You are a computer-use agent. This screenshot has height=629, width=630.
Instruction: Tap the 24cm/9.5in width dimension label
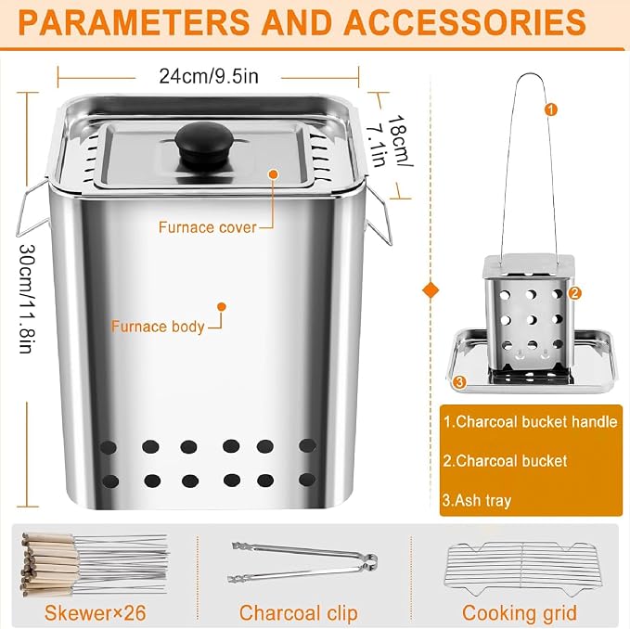(x=209, y=76)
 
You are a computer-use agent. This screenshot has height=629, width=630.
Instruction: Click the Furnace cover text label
(x=207, y=227)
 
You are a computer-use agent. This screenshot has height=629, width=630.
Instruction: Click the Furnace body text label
(x=158, y=327)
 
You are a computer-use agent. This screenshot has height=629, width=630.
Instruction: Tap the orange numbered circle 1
(x=551, y=109)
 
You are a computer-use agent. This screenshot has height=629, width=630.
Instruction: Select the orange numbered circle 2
(x=574, y=293)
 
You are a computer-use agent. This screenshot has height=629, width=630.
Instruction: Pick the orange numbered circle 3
(x=459, y=381)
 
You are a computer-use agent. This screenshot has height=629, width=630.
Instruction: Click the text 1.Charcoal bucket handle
(x=530, y=422)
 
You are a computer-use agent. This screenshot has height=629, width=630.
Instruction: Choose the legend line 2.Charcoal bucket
(x=505, y=461)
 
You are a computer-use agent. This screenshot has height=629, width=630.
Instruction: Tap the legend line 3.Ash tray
(x=477, y=500)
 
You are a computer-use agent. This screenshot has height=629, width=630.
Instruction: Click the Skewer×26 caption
(x=96, y=613)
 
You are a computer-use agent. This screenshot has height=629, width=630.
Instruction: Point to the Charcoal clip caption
(x=298, y=613)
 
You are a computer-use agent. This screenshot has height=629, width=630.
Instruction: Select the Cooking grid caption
(x=519, y=613)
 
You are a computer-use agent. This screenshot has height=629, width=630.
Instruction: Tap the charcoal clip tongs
(x=302, y=562)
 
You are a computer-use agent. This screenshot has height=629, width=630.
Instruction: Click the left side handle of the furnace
(x=32, y=209)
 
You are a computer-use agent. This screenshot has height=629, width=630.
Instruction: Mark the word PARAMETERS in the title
(x=134, y=22)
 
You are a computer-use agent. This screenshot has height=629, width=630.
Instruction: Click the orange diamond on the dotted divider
(x=431, y=290)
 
